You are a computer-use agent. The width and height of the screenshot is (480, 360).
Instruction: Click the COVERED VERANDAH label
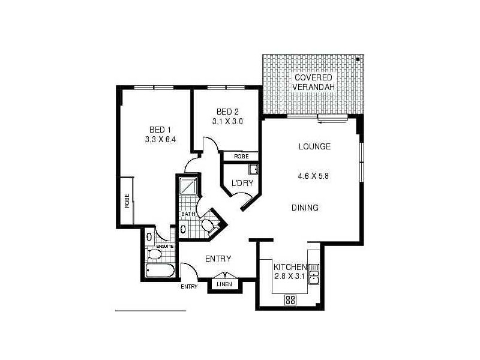click(x=313, y=82)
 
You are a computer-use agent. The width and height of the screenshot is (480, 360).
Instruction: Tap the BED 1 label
click(x=160, y=130)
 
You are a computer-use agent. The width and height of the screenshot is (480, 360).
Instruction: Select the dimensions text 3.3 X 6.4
click(x=160, y=140)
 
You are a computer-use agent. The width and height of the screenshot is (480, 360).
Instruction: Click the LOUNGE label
click(x=314, y=147)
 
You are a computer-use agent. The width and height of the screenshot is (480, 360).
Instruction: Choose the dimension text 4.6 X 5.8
click(x=313, y=176)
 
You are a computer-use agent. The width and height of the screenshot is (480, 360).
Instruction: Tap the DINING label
click(x=305, y=208)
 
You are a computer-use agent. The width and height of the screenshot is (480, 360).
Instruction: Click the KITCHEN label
click(x=290, y=267)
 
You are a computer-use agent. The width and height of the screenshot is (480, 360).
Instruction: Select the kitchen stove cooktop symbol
click(x=290, y=299)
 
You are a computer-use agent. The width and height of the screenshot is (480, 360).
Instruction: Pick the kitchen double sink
click(x=314, y=272)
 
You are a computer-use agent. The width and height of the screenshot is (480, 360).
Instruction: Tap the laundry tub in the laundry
click(x=253, y=169)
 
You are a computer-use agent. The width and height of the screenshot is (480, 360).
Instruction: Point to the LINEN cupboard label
click(x=224, y=284)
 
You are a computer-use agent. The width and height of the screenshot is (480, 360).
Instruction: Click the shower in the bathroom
click(x=188, y=187)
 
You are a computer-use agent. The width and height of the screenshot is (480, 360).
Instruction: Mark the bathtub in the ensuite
click(x=160, y=271)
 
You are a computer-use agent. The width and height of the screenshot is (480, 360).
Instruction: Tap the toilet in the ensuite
click(x=154, y=255)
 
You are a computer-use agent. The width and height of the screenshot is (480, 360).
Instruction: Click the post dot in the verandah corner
click(x=357, y=59)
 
